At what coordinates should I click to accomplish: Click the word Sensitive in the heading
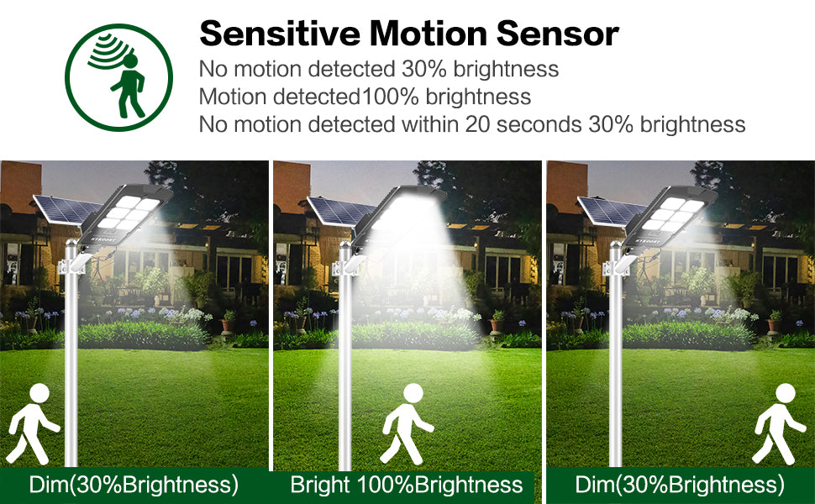point(280,34)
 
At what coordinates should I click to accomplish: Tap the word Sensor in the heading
point(557,34)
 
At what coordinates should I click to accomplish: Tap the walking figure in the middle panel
point(407,424)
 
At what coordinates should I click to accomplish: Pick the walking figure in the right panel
point(780,424)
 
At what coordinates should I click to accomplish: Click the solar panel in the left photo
point(66,209)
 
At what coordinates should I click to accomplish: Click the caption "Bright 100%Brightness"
point(407,485)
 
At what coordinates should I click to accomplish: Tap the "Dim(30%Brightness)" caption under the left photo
point(134,485)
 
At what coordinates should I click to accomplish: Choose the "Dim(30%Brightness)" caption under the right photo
point(680,485)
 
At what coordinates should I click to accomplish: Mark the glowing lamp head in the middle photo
point(398,216)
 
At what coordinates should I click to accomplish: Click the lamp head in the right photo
point(670,218)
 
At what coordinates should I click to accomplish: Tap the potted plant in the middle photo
point(497,323)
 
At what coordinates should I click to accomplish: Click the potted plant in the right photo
point(775,323)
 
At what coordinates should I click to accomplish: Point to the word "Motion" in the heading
point(428,34)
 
